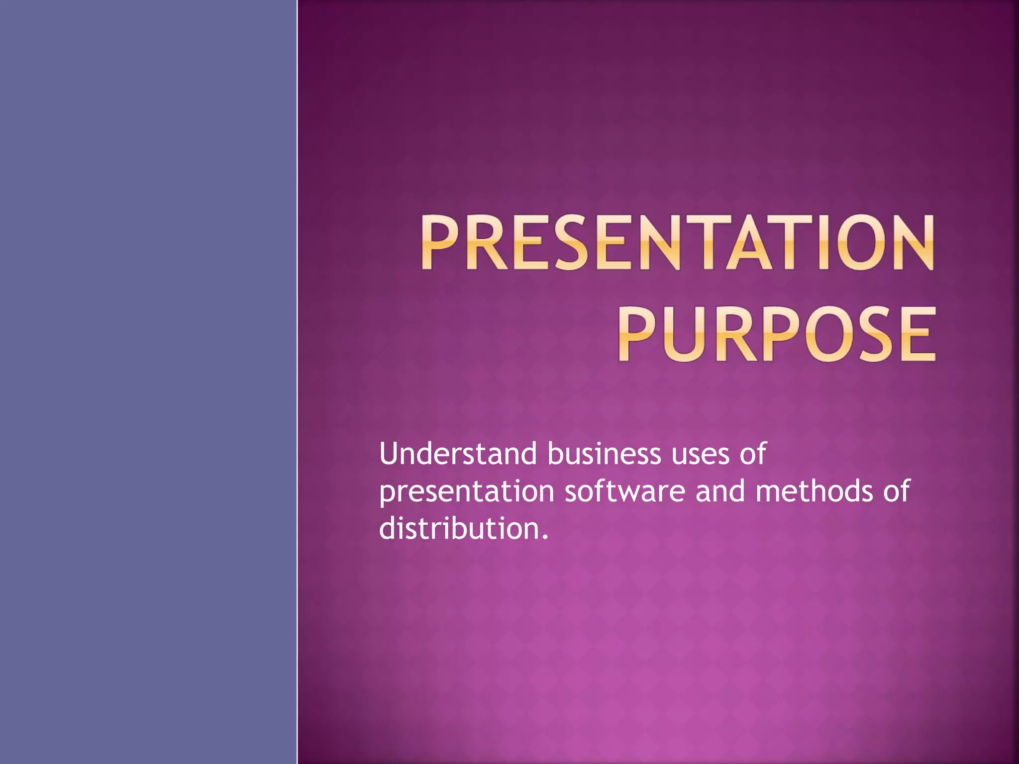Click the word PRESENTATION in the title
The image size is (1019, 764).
point(677,242)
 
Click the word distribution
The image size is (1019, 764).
point(458,528)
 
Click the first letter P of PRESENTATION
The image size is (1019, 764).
point(440,242)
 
